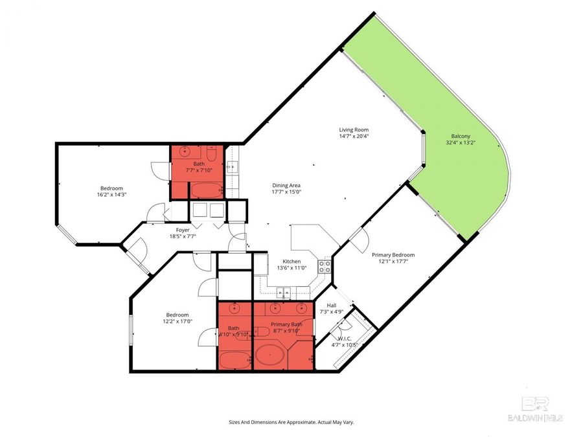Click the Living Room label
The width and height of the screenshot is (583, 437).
(354, 129)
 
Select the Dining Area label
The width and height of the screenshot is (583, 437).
(286, 185)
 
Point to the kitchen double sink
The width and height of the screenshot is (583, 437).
(283, 293)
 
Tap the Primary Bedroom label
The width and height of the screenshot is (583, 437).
(393, 255)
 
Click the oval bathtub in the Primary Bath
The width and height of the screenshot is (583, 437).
(272, 356)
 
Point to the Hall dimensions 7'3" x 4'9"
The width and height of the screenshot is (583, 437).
(332, 311)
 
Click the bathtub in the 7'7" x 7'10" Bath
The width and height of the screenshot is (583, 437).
(206, 190)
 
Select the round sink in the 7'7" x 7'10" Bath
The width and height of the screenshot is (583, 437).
(185, 153)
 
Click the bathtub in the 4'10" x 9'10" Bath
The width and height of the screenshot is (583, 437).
(234, 360)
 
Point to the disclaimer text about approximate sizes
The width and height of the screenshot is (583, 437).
(291, 422)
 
